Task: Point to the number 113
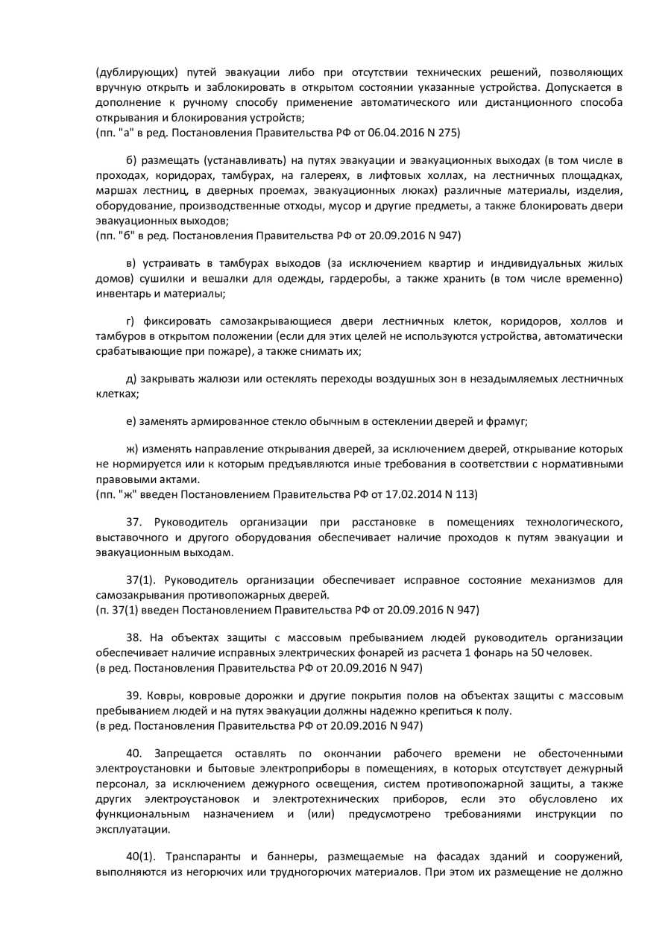pos(467,494)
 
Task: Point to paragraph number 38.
pos(134,637)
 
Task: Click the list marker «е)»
pos(132,421)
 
